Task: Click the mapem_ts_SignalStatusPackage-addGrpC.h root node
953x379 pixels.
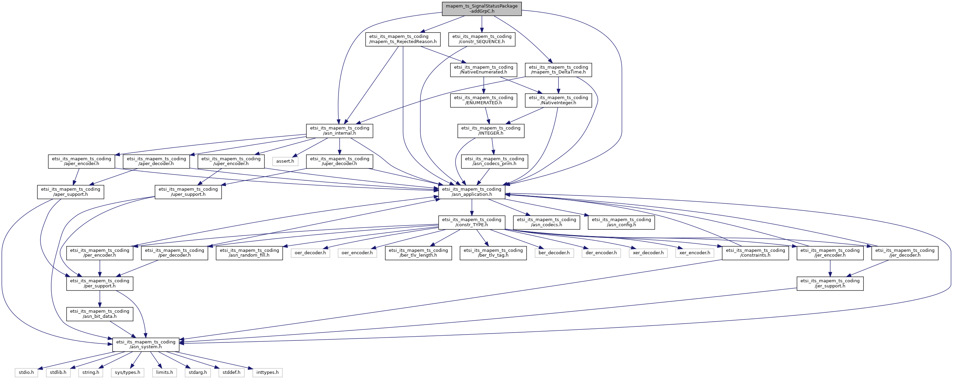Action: [x=482, y=9]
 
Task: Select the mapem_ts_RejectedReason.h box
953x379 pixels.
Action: [x=403, y=39]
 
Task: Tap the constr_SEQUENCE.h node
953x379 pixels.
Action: [x=482, y=39]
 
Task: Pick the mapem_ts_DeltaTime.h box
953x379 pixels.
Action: [x=558, y=69]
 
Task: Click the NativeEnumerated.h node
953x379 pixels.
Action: [x=484, y=69]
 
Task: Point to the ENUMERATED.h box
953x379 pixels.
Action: [x=484, y=100]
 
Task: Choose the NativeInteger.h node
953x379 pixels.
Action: [x=558, y=100]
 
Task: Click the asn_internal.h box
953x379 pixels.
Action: [x=340, y=131]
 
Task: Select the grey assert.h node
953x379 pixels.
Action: [x=285, y=161]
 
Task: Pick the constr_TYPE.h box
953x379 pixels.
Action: [x=472, y=222]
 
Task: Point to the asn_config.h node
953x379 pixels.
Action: [x=622, y=222]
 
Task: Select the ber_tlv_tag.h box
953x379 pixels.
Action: [x=493, y=253]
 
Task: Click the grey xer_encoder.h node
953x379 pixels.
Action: [x=694, y=253]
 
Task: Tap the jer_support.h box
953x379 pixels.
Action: [x=830, y=283]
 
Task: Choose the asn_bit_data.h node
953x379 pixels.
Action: [x=100, y=314]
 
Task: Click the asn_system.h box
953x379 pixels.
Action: [x=146, y=344]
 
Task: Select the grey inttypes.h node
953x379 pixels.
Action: [x=267, y=373]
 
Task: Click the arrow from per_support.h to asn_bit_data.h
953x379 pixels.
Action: [x=100, y=299]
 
